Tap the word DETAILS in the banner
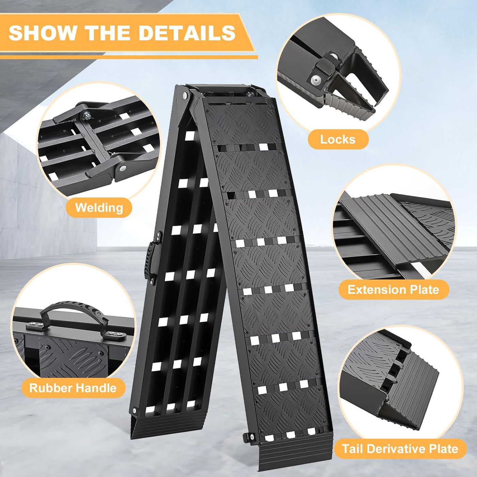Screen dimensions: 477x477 click(x=187, y=33)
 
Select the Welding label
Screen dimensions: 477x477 click(x=99, y=207)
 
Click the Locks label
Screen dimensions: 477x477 click(x=338, y=139)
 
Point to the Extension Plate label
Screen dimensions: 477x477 click(x=393, y=290)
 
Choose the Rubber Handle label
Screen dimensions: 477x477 click(x=73, y=388)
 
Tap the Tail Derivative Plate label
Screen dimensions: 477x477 click(x=400, y=449)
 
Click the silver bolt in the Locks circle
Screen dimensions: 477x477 click(x=316, y=79)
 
